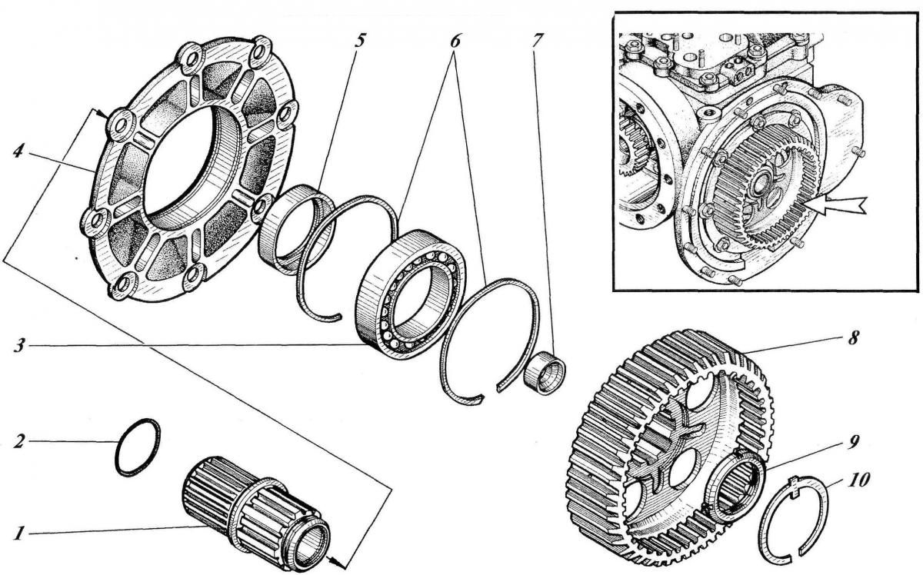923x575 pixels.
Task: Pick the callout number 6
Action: pyautogui.click(x=455, y=39)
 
